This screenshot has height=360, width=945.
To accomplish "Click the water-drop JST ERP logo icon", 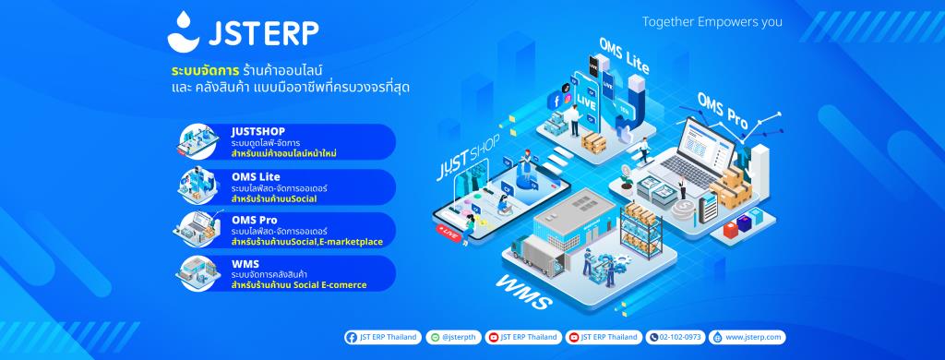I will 185,30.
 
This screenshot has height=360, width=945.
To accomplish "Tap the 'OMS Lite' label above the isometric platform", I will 624,56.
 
